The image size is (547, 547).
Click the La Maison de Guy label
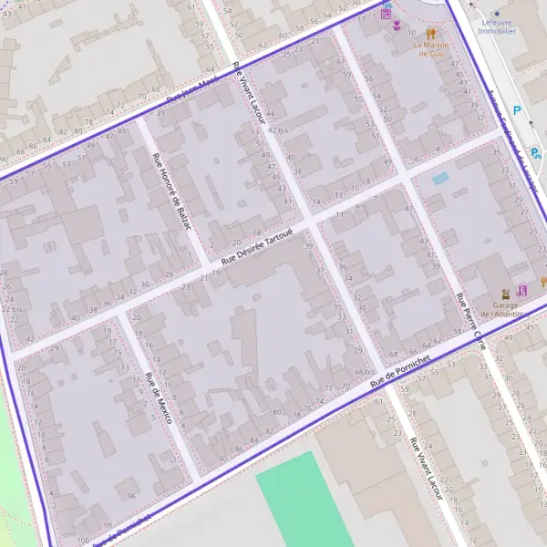pyautogui.click(x=430, y=48)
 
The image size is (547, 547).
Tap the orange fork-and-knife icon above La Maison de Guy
pyautogui.click(x=430, y=34)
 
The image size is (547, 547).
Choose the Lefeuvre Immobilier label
pyautogui.click(x=497, y=26)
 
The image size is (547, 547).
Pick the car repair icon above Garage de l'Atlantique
pyautogui.click(x=505, y=294)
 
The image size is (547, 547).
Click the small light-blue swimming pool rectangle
pyautogui.click(x=440, y=179)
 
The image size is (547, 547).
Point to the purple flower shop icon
pyautogui.click(x=397, y=26)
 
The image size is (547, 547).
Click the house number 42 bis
pyautogui.click(x=277, y=130)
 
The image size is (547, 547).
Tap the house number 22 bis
pyautogui.click(x=11, y=309)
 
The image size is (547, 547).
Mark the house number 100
pyautogui.click(x=84, y=540)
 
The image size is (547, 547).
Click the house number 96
pyautogui.click(x=132, y=496)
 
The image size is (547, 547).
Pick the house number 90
pyautogui.click(x=223, y=459)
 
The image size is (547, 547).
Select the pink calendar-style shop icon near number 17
pyautogui.click(x=386, y=13)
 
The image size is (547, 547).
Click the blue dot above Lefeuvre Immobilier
pyautogui.click(x=497, y=13)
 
